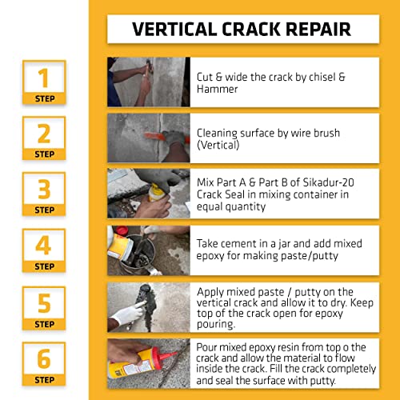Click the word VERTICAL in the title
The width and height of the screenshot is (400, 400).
[174, 29]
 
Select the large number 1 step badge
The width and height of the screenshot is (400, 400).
[44, 82]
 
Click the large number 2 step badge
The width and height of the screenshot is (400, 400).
[44, 138]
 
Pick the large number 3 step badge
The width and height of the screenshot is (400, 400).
[44, 194]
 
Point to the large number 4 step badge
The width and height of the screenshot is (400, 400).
[44, 250]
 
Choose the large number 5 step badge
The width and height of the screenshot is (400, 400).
[44, 308]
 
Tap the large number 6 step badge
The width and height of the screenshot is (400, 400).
[44, 364]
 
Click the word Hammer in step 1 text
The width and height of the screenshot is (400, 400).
[217, 89]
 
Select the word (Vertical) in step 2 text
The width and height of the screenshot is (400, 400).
[218, 146]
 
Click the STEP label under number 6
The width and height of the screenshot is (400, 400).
[45, 380]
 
